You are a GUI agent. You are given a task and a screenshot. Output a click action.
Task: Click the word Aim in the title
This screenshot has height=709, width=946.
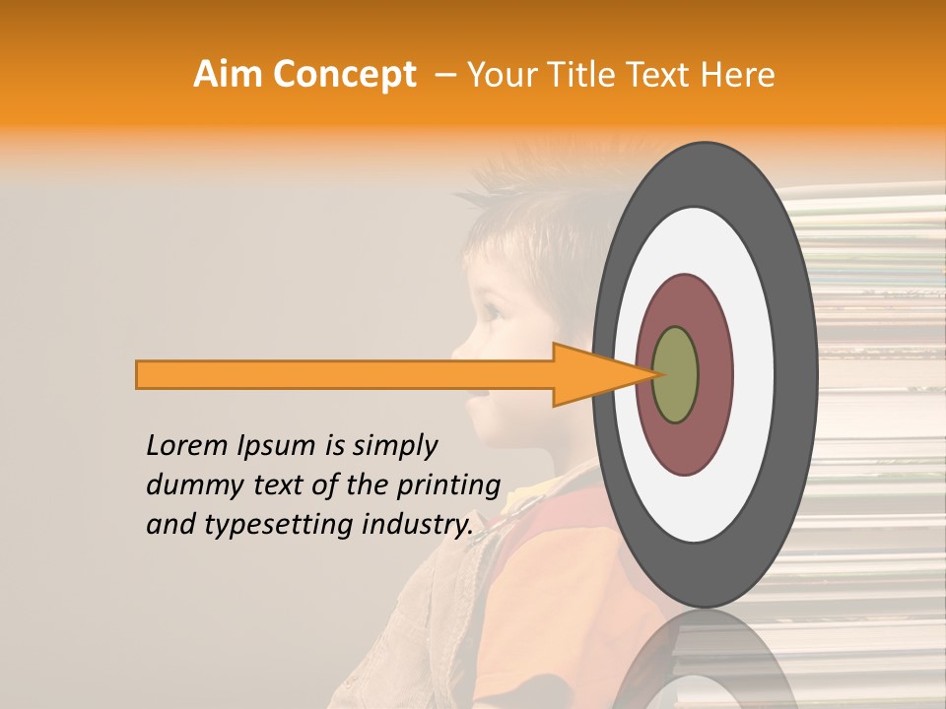229,75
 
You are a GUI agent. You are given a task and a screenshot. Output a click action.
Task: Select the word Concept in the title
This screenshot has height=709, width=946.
344,75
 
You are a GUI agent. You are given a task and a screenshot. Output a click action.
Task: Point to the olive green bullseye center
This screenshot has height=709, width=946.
675,374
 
